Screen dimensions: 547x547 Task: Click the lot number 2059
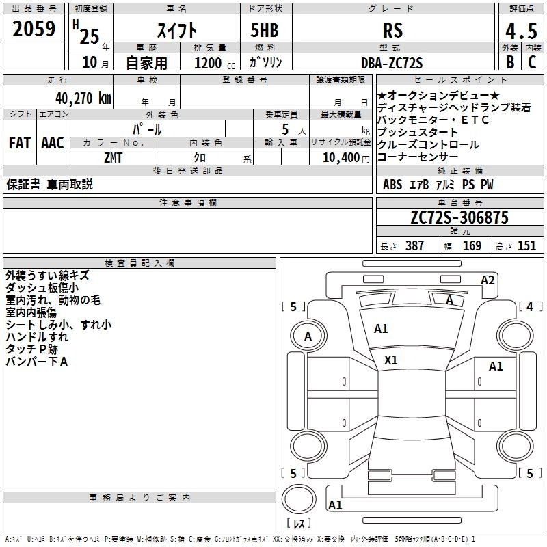pos(34,28)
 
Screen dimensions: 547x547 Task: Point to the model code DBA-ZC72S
pos(392,63)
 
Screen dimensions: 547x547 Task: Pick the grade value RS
pos(392,30)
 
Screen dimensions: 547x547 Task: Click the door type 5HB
pos(264,30)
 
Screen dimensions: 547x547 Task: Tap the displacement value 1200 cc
pos(207,64)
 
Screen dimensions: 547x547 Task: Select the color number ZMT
pos(114,158)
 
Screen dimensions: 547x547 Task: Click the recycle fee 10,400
pos(339,158)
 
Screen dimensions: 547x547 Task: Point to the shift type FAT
pos(20,142)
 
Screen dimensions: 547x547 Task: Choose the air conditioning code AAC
pos(53,142)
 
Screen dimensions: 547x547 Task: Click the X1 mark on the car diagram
pos(391,360)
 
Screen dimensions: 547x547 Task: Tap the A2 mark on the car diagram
pos(488,280)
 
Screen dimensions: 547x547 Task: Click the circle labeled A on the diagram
pos(308,336)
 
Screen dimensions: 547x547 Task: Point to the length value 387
pos(414,246)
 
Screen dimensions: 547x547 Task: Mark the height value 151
pos(526,246)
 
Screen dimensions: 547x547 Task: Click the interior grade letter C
pos(532,63)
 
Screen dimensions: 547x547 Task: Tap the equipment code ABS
pos(392,185)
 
